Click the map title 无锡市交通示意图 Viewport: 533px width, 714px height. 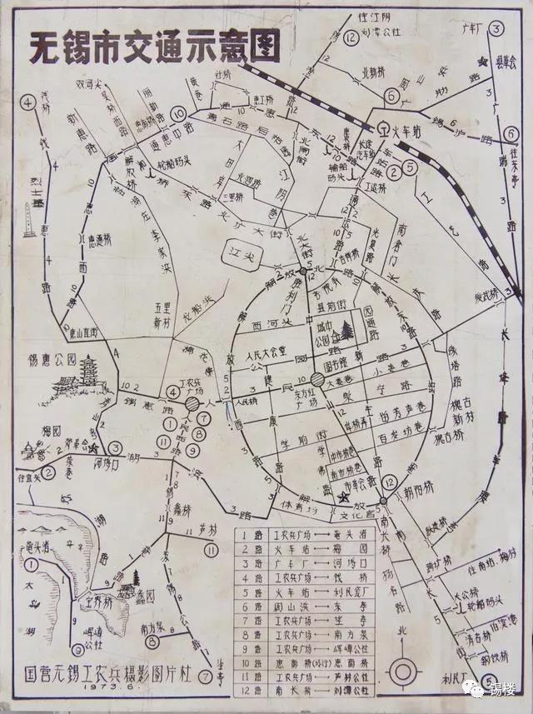tap(154, 48)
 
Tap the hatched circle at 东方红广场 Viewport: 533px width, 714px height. tap(318, 380)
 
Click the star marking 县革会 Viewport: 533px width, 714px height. tap(481, 62)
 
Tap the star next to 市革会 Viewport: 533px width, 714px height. tap(344, 497)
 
